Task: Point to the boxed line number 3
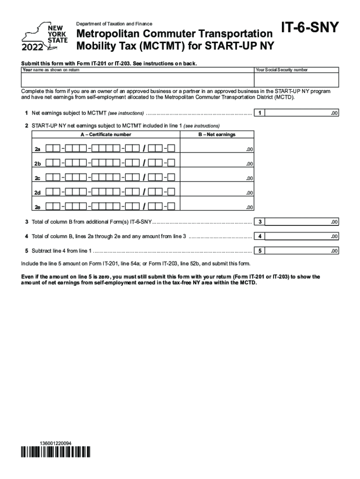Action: pos(259,222)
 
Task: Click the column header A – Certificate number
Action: pos(106,135)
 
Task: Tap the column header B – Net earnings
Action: pos(217,135)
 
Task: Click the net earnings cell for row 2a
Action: pos(217,149)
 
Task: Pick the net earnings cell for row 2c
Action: pos(217,178)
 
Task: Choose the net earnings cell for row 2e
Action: pos(217,207)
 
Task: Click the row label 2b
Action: pos(38,164)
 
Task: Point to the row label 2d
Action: pos(38,193)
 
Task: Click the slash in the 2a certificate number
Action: pos(145,149)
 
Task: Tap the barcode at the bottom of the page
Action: pos(55,452)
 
